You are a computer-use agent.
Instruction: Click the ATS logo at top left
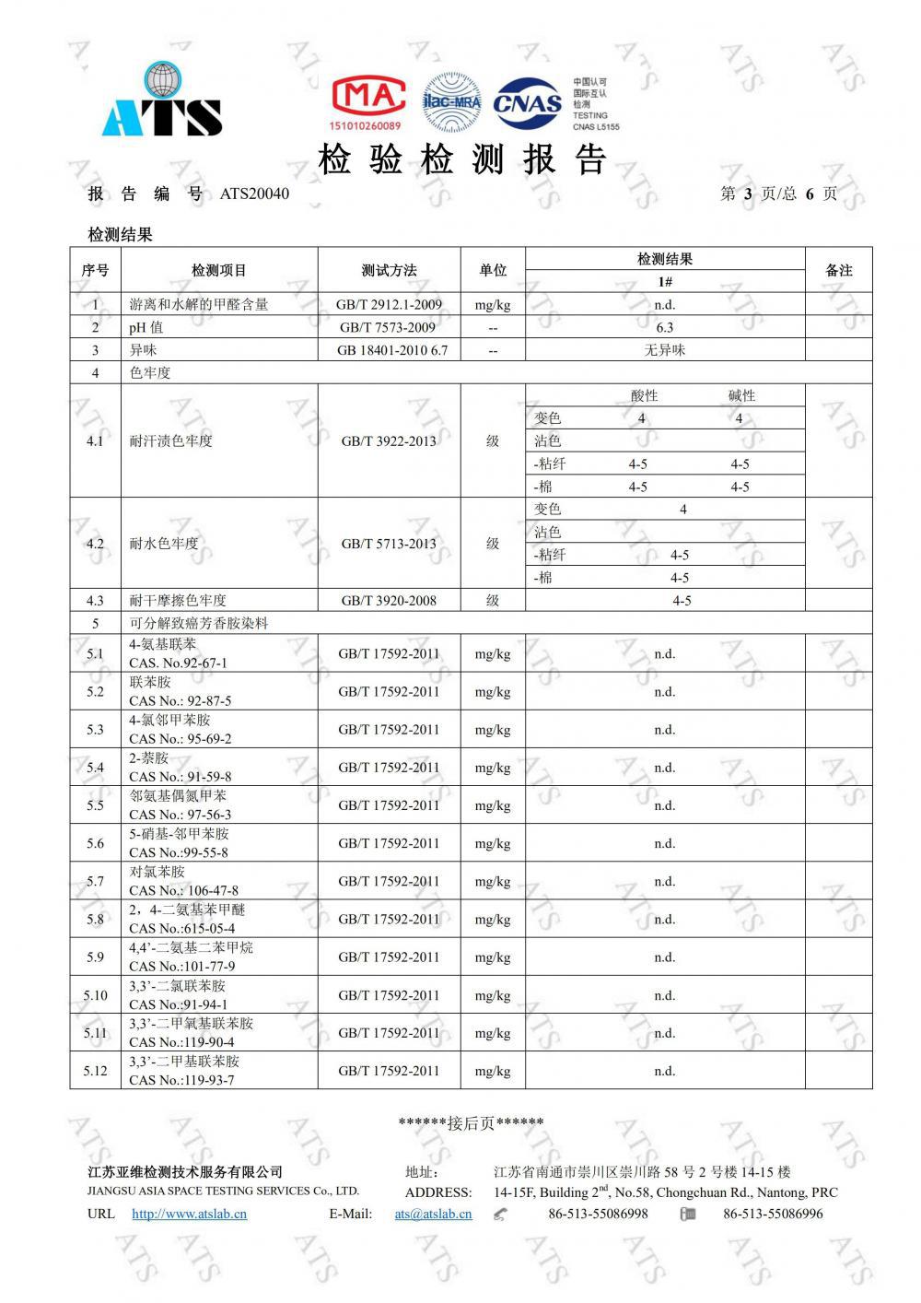(x=162, y=100)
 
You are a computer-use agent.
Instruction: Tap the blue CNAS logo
(x=527, y=102)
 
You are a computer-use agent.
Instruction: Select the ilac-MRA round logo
(x=451, y=101)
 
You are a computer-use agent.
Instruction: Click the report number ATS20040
(x=254, y=194)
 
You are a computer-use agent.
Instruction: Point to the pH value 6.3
(x=664, y=327)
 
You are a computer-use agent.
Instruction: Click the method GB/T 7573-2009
(x=388, y=327)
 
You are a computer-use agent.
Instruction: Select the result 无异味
(x=664, y=350)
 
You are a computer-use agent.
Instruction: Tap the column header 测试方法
(x=389, y=270)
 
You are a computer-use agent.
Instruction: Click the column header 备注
(x=838, y=270)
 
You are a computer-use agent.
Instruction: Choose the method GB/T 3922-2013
(x=388, y=441)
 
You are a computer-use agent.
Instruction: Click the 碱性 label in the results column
(x=741, y=395)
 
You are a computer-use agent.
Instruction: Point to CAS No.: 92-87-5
(x=181, y=700)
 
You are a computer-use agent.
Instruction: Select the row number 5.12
(x=95, y=1071)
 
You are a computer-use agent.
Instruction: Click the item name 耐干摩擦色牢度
(x=178, y=601)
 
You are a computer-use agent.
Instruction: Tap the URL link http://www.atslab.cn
(x=189, y=1214)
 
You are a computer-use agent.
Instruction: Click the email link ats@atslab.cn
(x=433, y=1214)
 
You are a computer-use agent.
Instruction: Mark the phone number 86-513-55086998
(x=598, y=1214)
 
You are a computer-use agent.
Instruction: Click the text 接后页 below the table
(x=471, y=1122)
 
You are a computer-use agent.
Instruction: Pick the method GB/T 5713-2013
(x=388, y=544)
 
